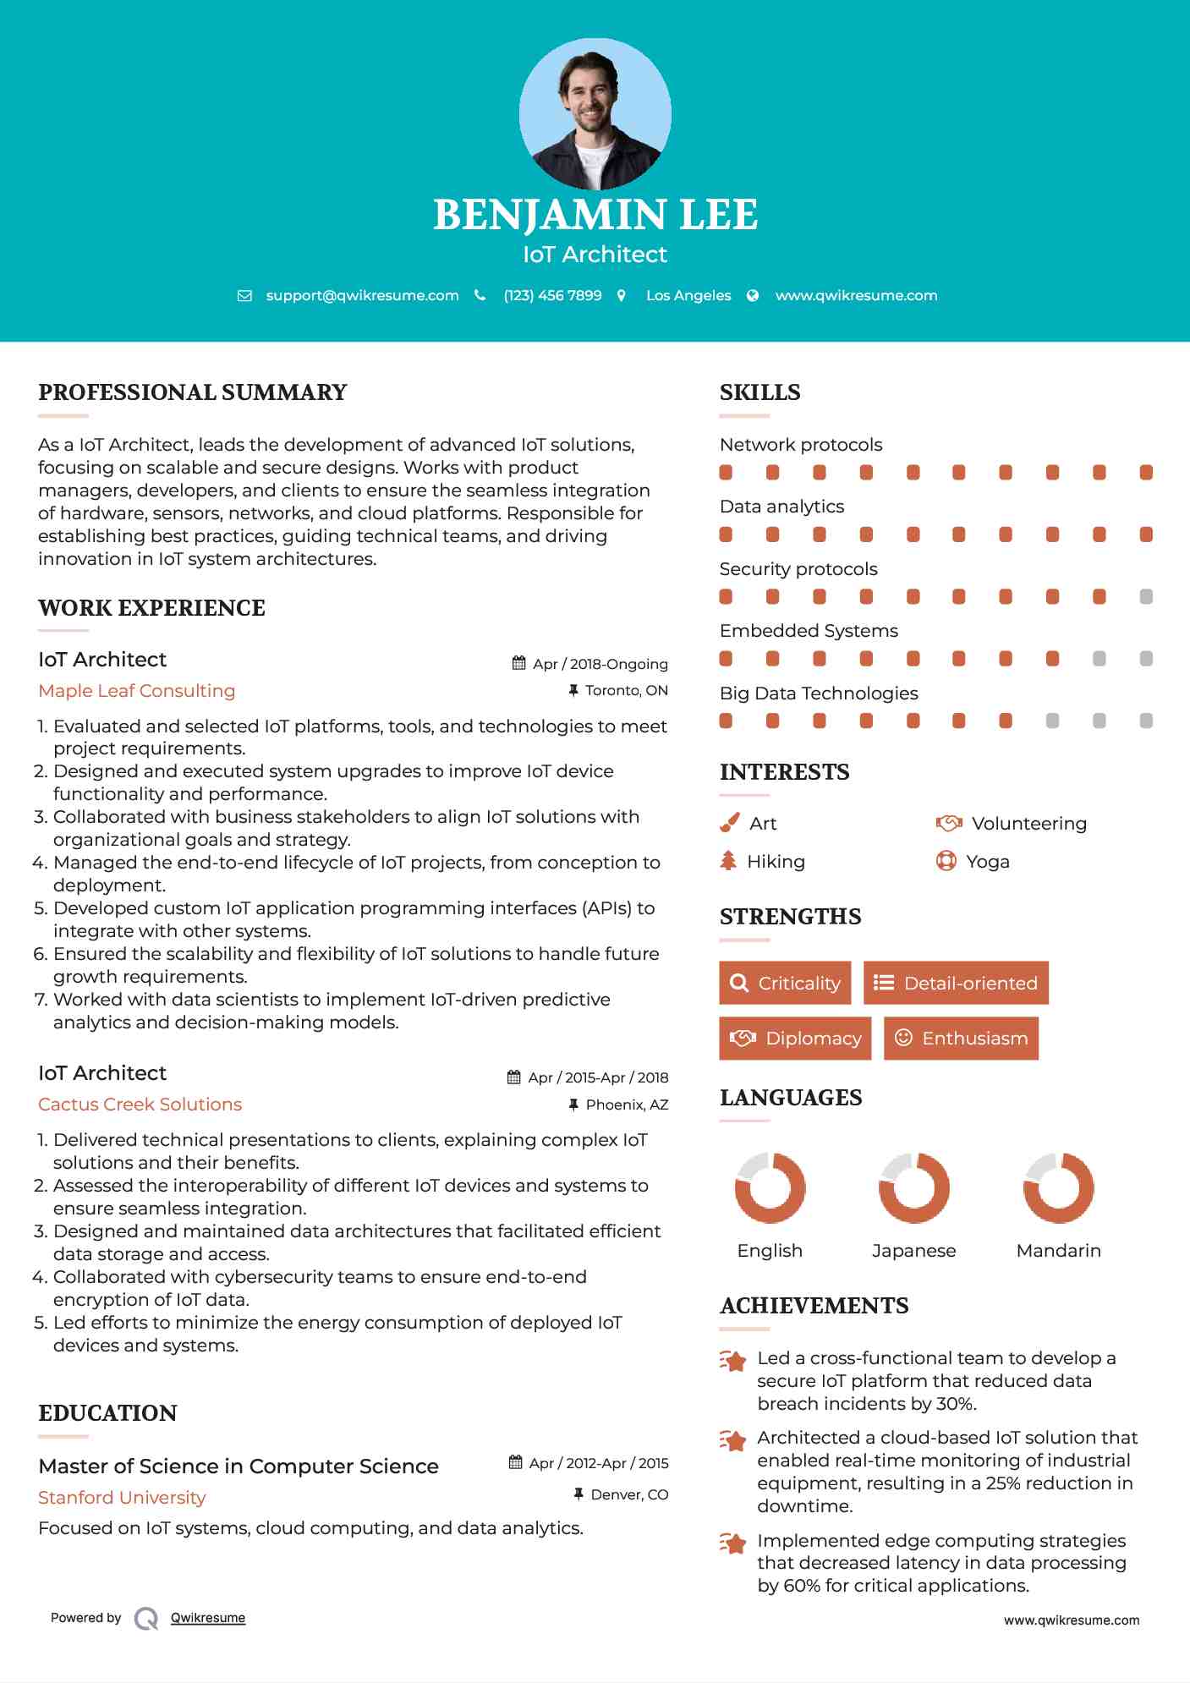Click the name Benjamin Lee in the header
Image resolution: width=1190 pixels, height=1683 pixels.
coord(595,215)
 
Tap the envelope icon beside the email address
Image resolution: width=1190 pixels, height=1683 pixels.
coord(244,296)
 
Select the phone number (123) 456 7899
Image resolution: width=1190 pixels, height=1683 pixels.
coord(552,296)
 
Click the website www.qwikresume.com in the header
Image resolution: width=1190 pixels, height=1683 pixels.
coord(856,296)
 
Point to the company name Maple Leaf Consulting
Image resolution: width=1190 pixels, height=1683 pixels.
coord(137,691)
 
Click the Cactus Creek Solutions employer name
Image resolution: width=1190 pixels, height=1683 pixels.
coord(140,1105)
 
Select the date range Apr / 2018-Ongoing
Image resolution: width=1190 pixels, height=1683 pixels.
coord(600,664)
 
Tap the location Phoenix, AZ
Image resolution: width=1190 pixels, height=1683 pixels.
coord(627,1105)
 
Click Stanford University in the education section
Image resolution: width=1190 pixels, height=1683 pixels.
coord(122,1498)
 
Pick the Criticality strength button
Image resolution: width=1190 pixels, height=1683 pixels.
coord(785,983)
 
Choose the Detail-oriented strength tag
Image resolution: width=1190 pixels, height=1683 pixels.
coord(956,983)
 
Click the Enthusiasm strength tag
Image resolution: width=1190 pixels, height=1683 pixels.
coord(961,1039)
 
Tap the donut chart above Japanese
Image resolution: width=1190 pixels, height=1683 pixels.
coord(914,1187)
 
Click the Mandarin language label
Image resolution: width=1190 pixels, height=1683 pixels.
coord(1058,1251)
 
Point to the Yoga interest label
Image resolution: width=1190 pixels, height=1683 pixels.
coord(988,862)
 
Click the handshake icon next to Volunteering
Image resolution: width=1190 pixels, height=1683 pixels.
coord(949,823)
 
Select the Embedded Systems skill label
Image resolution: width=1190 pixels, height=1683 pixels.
coord(809,631)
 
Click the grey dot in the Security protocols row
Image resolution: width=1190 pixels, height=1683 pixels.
coord(1146,597)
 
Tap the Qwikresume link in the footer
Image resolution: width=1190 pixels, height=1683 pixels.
coord(208,1618)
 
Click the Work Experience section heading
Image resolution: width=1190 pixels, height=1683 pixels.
coord(151,608)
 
